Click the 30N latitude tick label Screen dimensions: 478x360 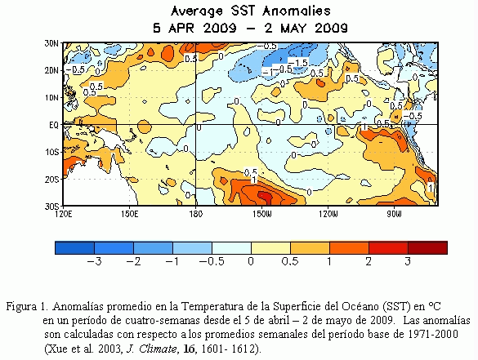[x=51, y=43]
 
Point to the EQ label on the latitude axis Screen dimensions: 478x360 [x=53, y=125]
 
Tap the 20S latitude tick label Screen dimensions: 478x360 [x=51, y=180]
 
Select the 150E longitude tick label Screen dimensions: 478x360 [x=129, y=214]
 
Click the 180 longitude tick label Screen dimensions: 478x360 [x=195, y=214]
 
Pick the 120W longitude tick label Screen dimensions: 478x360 [x=328, y=214]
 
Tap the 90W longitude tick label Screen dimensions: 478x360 [x=394, y=214]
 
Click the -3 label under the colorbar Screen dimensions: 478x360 [x=94, y=261]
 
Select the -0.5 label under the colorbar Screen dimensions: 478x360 [x=212, y=261]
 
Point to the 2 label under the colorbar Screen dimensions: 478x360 [x=369, y=261]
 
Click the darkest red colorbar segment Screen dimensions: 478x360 [x=427, y=247]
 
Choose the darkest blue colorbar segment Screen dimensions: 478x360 [x=74, y=247]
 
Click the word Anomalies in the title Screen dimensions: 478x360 [x=297, y=11]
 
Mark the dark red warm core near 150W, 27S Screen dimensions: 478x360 [x=265, y=197]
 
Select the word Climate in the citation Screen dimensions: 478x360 [x=158, y=349]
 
